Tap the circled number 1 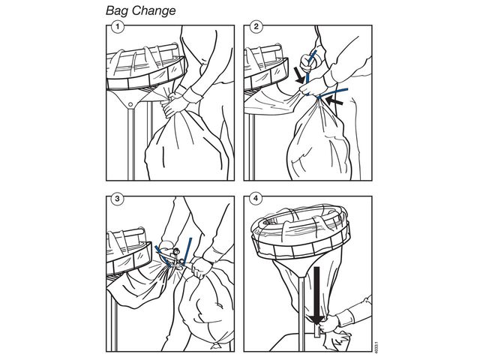click(118, 27)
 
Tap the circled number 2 click(256, 27)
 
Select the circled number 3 click(118, 199)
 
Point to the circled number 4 click(256, 199)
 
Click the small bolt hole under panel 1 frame click(130, 105)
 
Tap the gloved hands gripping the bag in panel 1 click(173, 104)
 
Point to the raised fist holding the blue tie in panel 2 click(310, 62)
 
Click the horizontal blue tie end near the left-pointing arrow click(333, 93)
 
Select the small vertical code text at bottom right click(376, 346)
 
